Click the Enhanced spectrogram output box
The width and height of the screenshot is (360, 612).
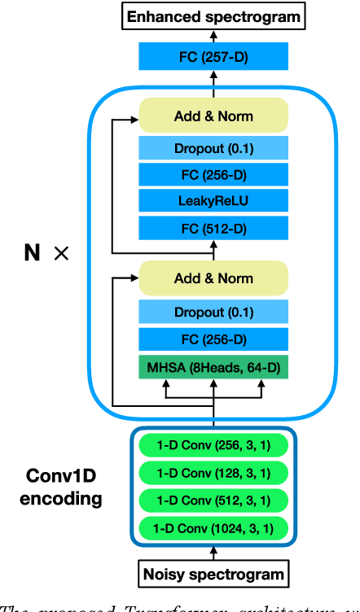click(x=213, y=15)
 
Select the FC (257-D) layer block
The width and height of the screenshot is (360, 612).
click(x=213, y=57)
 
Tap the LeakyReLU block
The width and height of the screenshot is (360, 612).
click(x=213, y=200)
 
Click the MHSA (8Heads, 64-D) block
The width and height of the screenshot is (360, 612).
click(x=213, y=367)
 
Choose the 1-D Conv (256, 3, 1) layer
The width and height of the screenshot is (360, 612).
click(x=213, y=446)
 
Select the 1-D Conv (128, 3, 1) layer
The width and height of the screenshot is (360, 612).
click(x=213, y=473)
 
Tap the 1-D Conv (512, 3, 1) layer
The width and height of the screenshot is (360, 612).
click(x=213, y=499)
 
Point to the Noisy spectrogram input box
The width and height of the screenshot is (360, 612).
click(x=213, y=574)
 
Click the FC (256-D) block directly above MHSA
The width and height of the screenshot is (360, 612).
click(x=213, y=340)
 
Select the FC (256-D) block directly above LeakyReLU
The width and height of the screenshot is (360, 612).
click(x=213, y=174)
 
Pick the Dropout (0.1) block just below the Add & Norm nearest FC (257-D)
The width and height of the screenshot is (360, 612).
click(x=213, y=148)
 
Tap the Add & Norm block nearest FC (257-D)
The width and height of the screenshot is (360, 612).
click(x=213, y=116)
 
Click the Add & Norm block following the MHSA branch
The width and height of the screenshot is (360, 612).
click(x=213, y=278)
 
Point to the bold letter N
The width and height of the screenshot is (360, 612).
click(x=32, y=253)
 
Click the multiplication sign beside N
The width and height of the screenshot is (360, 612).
click(x=61, y=254)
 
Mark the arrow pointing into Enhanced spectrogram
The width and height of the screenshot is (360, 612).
click(x=213, y=34)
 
